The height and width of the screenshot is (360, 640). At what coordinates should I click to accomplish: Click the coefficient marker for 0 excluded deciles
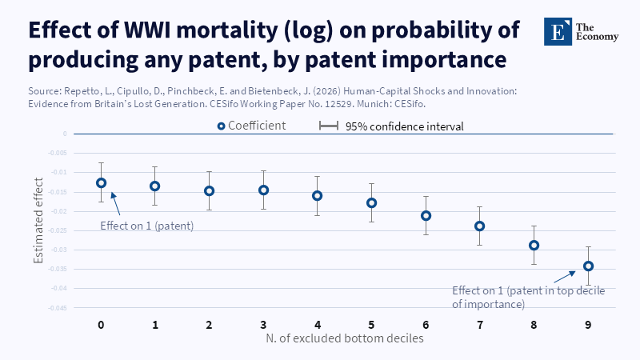[x=102, y=182]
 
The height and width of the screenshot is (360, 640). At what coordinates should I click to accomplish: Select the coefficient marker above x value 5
[x=371, y=202]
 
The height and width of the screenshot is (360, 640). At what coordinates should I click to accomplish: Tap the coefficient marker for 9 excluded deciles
[x=588, y=266]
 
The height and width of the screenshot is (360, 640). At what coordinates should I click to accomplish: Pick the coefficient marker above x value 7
[x=479, y=226]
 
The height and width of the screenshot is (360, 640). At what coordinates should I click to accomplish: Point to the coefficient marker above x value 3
[x=263, y=190]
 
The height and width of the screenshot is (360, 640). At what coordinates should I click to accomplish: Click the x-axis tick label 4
[x=318, y=325]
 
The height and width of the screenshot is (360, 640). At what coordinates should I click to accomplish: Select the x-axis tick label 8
[x=534, y=325]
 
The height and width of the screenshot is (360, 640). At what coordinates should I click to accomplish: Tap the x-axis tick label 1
[x=155, y=325]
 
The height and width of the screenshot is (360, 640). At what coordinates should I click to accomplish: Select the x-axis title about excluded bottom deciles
[x=345, y=338]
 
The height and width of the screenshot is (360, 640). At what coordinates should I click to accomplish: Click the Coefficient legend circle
[x=222, y=126]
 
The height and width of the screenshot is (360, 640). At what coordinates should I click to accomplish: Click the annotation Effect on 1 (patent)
[x=147, y=226]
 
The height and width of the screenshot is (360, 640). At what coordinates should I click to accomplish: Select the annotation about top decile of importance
[x=528, y=297]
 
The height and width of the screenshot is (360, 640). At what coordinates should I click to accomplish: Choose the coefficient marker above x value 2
[x=209, y=190]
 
